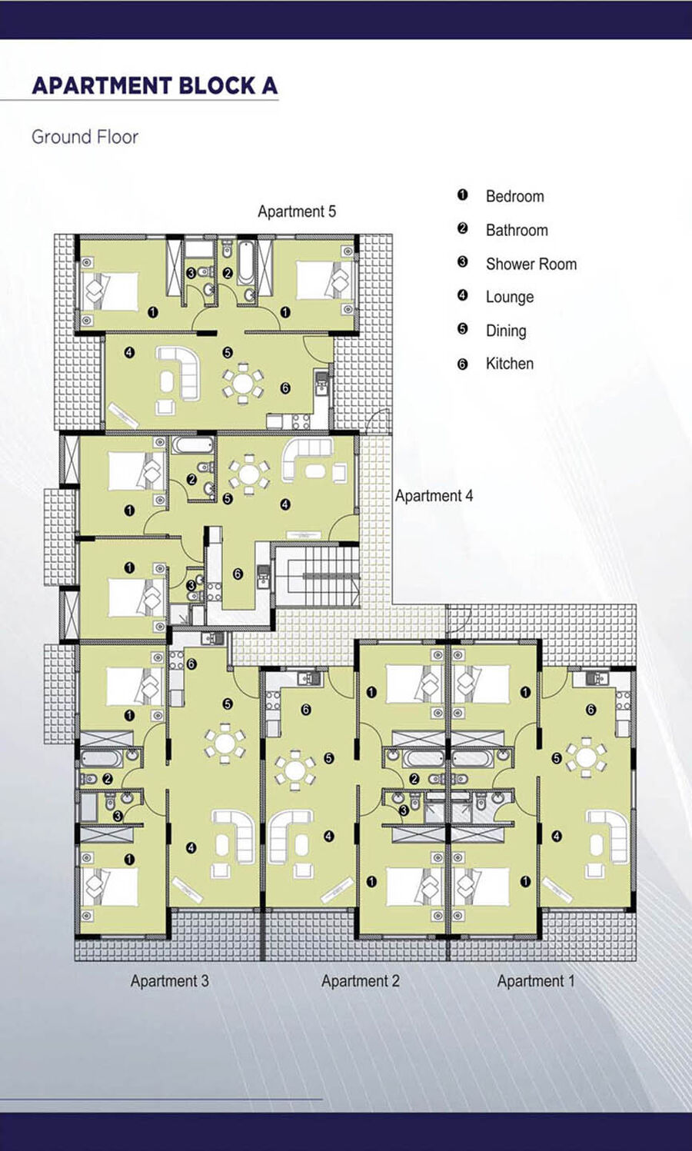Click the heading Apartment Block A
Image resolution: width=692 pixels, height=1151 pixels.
155,85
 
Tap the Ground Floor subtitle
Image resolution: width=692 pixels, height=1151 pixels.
85,137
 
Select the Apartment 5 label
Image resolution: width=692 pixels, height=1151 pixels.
297,211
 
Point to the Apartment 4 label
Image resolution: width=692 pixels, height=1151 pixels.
434,496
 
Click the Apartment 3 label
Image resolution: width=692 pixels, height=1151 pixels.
169,981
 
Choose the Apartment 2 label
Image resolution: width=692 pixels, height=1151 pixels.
361,981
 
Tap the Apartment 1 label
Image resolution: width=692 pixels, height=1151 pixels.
536,981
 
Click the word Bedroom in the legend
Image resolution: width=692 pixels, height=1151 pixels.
514,196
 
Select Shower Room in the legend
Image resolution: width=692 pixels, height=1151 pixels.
531,264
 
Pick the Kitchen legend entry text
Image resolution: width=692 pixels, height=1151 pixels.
510,364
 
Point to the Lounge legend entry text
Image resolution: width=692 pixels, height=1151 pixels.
510,297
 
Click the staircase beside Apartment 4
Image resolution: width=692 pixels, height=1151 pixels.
318,576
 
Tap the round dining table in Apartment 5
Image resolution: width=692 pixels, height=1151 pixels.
243,382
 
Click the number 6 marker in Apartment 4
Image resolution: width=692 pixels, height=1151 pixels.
238,574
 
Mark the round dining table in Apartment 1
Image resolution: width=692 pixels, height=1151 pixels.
586,757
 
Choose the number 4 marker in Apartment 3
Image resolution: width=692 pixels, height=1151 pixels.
191,847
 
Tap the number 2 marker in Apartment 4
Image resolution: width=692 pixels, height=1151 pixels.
191,480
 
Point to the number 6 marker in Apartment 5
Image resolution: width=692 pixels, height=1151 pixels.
285,388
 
